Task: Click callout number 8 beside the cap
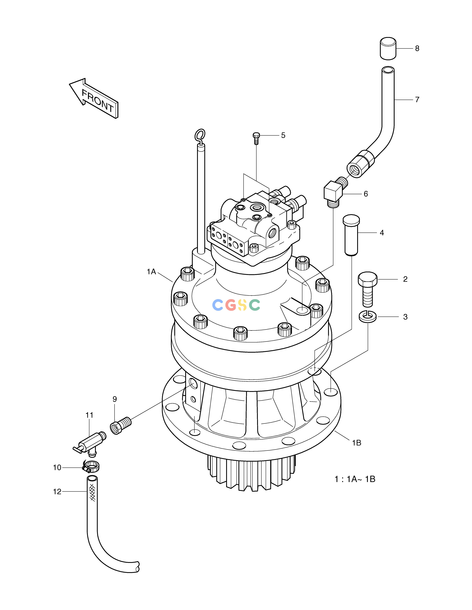tap(417, 49)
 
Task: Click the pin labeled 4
tap(351, 235)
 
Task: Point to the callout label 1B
tap(356, 443)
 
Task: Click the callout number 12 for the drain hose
tap(57, 492)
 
